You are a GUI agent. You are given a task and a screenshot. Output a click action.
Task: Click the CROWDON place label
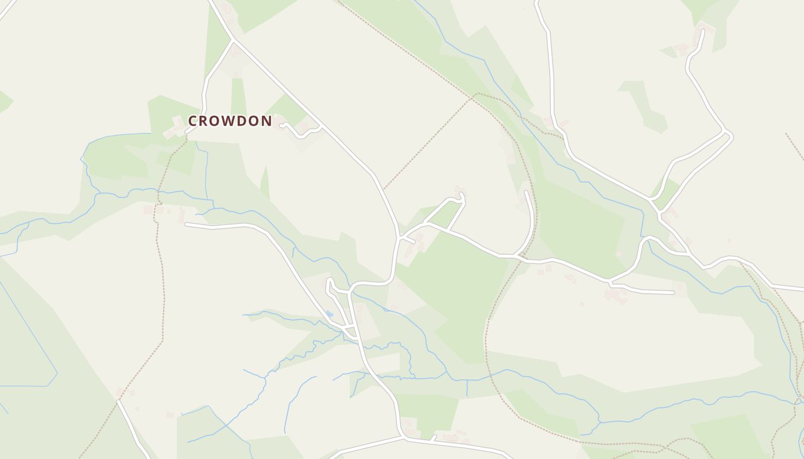[230, 121]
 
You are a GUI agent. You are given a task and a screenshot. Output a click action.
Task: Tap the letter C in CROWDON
[193, 121]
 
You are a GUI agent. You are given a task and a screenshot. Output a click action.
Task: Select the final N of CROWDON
[267, 121]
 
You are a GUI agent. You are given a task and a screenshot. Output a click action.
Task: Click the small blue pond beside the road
[329, 314]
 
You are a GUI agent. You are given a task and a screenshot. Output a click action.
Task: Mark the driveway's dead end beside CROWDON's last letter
[281, 124]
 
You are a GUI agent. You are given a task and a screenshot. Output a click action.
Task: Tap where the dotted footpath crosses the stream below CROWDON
[159, 195]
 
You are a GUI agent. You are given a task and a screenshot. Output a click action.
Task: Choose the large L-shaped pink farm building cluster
[614, 295]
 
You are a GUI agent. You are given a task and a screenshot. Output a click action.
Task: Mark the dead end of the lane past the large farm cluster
[672, 293]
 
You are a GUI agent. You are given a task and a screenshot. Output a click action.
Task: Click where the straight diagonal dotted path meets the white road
[384, 188]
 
